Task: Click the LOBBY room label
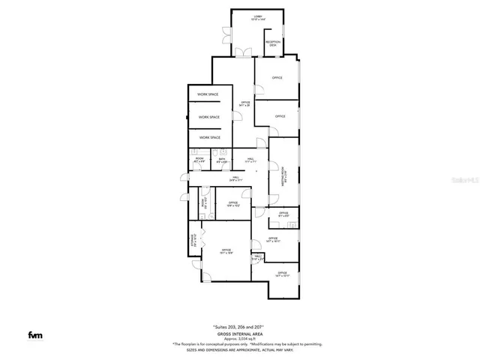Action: (259, 17)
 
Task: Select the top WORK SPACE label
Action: (208, 94)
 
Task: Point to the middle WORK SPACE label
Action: (209, 117)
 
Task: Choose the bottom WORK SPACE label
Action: (209, 138)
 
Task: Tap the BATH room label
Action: (222, 160)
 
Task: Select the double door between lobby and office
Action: (242, 52)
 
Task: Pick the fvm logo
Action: (34, 334)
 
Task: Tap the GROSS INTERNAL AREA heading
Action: (240, 334)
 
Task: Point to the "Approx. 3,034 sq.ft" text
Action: (240, 339)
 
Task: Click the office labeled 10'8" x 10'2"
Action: (233, 203)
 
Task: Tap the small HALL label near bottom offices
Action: (258, 258)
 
